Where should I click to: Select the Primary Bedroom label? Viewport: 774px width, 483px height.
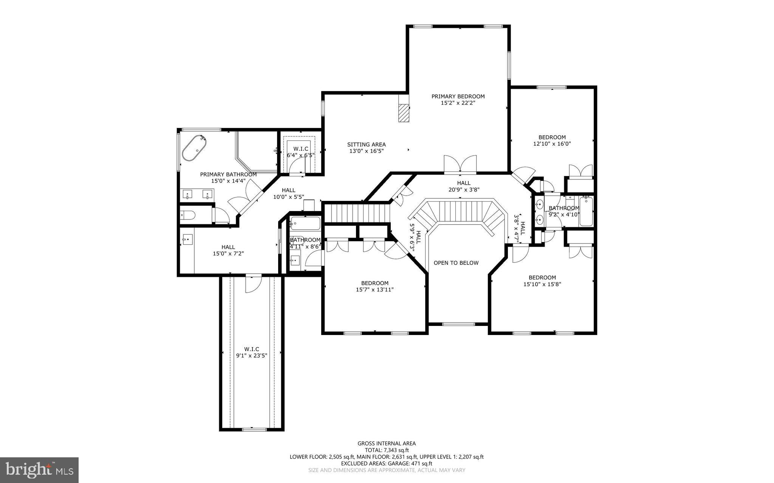point(458,96)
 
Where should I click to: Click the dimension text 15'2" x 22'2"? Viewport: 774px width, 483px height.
point(458,103)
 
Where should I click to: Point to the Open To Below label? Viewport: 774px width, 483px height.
point(456,263)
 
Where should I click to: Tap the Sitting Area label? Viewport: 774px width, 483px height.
point(366,144)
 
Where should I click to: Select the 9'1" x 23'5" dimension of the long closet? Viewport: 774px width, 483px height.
point(251,355)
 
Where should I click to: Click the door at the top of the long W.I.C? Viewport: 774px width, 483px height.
point(252,284)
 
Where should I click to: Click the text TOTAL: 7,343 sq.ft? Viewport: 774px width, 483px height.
point(387,450)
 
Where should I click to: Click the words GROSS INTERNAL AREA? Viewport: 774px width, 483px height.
point(387,444)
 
